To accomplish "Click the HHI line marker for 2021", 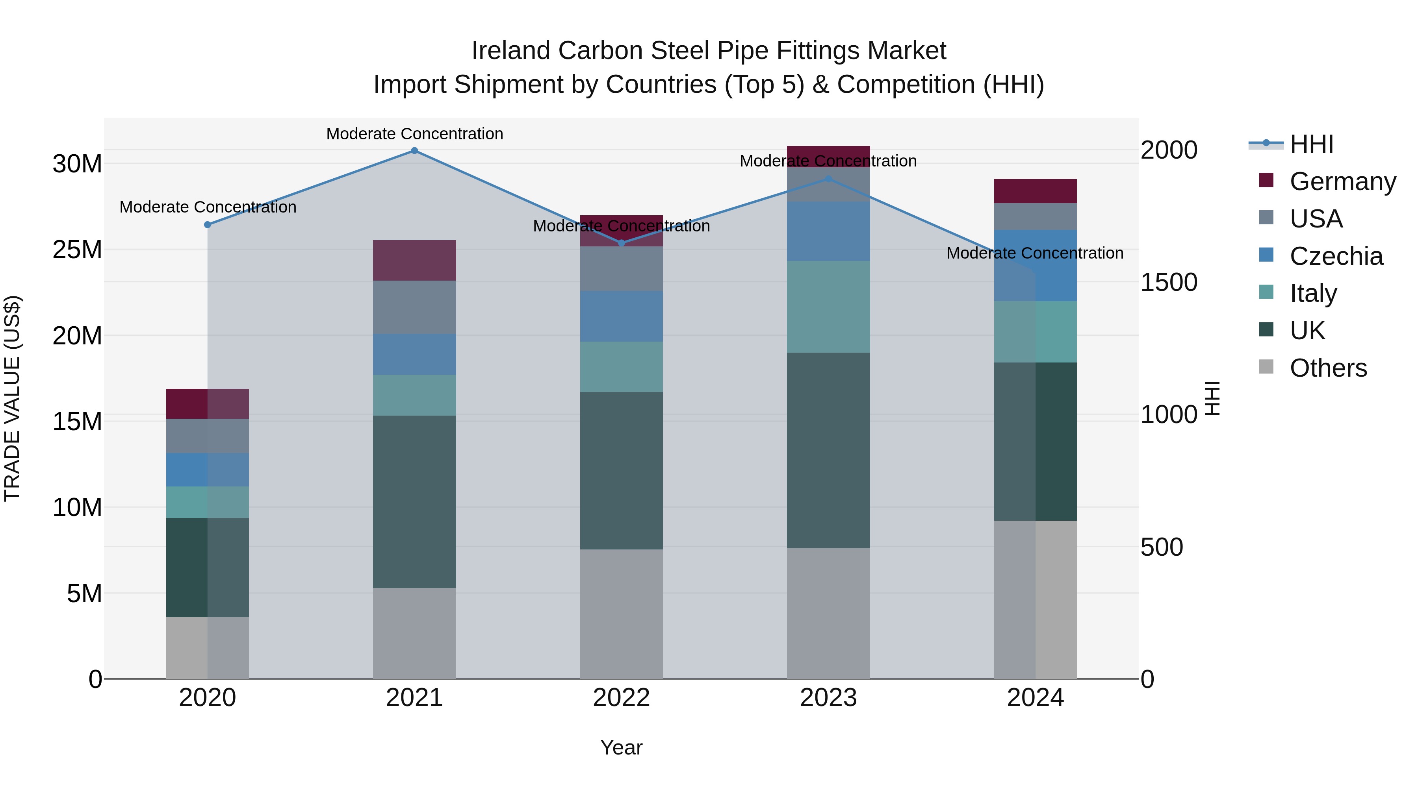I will click(414, 151).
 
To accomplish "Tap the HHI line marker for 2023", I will click(828, 179).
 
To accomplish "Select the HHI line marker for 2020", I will click(208, 224).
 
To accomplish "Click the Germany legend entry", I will click(1342, 181).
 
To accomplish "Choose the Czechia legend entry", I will click(1335, 256).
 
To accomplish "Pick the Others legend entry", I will click(1328, 368).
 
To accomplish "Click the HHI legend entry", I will click(1311, 144).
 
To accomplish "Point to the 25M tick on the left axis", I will click(77, 250).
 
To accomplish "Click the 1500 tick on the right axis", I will click(1169, 282).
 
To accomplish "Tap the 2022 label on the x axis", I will click(622, 698).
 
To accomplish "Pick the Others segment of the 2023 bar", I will click(828, 613).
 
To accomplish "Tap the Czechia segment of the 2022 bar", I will click(622, 316).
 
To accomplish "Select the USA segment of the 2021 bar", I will click(414, 307).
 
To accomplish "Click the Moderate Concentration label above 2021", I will click(414, 134).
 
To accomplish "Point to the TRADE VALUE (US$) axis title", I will click(12, 398).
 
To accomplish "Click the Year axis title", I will click(622, 747).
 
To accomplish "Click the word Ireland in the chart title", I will click(511, 51).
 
